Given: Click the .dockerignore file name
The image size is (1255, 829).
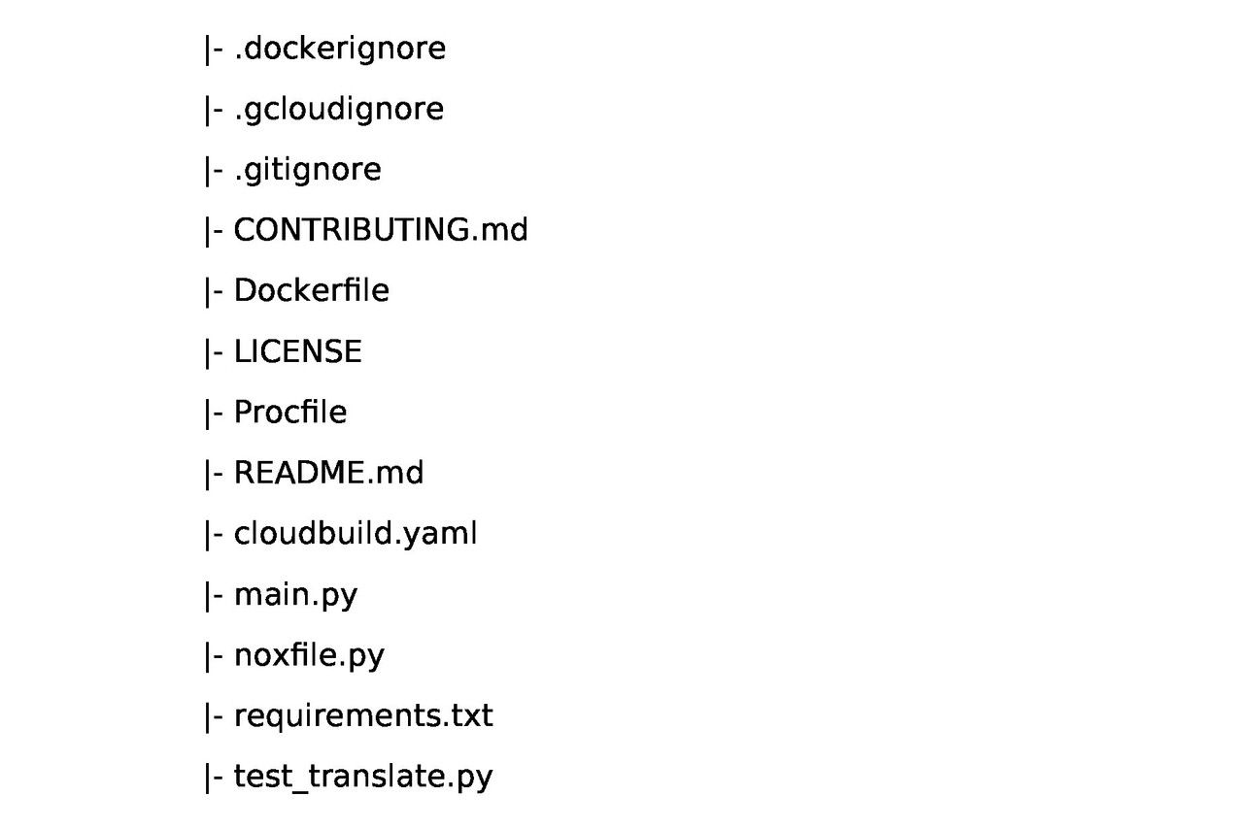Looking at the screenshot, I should [x=340, y=48].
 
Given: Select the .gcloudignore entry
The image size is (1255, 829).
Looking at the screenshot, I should [x=339, y=109].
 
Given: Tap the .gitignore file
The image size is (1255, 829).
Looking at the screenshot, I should [x=308, y=169].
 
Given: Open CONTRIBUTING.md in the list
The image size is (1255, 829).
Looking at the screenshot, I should [x=381, y=230].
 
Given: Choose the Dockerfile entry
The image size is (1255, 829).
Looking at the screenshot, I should [x=312, y=290].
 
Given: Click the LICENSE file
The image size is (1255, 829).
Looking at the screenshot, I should [x=298, y=351].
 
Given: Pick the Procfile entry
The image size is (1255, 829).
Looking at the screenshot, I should [x=290, y=412].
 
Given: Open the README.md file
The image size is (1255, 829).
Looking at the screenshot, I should [x=329, y=473].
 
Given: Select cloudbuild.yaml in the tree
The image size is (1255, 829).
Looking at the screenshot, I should [x=356, y=533].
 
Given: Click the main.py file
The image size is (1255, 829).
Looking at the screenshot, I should [x=295, y=594].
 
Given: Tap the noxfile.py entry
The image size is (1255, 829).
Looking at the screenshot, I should [x=309, y=654].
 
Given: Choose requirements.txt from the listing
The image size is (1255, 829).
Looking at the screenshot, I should [x=363, y=715].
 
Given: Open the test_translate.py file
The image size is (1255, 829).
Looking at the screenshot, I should [x=363, y=777].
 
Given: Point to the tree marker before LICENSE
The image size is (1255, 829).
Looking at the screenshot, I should [x=215, y=351].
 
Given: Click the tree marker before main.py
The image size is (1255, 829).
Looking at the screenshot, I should [x=215, y=594].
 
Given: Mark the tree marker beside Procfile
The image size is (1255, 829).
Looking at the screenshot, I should [x=215, y=412].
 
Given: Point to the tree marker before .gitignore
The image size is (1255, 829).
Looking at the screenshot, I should [x=215, y=169].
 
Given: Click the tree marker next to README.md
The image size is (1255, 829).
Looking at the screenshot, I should [x=215, y=473].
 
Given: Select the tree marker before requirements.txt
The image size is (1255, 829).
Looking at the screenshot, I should [x=215, y=715].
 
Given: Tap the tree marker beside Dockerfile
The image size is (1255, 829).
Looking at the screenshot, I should [x=215, y=290].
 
